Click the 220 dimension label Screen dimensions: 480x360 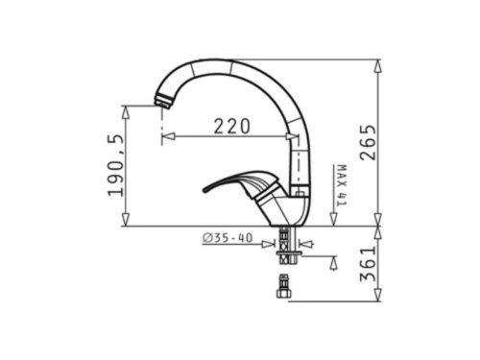[x=231, y=126]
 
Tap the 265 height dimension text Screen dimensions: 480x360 [x=368, y=142]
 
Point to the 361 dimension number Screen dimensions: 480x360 [x=368, y=264]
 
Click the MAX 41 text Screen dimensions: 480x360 [x=342, y=185]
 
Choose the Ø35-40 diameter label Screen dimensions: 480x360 [x=228, y=238]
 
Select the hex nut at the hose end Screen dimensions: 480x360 [x=283, y=293]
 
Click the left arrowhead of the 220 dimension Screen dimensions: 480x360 [x=168, y=136]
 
